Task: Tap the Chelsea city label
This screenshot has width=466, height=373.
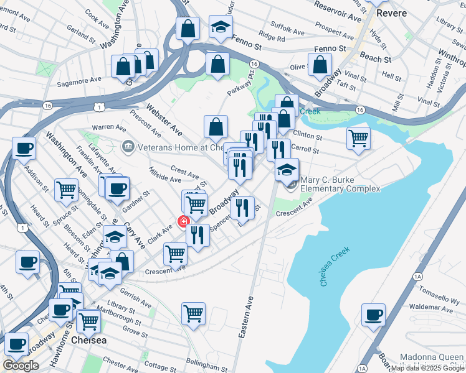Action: click(x=88, y=341)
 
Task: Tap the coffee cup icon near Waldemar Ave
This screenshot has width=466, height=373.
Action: click(x=373, y=315)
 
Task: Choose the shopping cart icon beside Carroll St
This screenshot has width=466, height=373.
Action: click(x=358, y=138)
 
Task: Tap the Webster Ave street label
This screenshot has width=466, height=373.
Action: click(x=164, y=120)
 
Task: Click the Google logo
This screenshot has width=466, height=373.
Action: click(x=21, y=366)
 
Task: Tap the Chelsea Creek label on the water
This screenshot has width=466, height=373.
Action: click(x=336, y=266)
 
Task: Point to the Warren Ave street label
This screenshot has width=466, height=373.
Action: click(x=105, y=127)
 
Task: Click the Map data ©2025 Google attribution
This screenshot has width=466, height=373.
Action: click(x=427, y=368)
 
